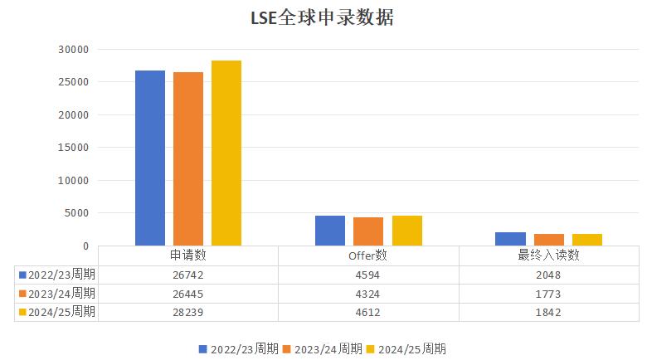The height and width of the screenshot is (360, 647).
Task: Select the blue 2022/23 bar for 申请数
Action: point(150,158)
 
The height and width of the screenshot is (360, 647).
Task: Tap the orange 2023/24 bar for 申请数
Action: point(188,158)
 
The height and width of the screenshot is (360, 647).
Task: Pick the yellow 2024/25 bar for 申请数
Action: point(226,153)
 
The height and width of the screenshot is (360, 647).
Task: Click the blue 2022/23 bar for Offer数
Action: point(330,231)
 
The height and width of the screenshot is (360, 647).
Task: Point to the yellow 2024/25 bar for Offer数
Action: point(407,231)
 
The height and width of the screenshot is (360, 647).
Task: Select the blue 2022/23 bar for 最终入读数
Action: point(510,239)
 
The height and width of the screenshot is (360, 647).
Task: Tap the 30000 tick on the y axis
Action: point(74,50)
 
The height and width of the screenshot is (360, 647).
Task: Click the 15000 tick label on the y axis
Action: point(74,148)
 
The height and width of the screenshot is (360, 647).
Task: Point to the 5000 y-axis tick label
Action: point(77,213)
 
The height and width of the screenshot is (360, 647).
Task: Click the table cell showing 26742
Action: point(188,275)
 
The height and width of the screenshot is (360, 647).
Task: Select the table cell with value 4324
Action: point(368,294)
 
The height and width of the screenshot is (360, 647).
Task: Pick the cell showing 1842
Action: point(548,312)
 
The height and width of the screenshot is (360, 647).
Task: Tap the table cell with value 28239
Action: point(188,312)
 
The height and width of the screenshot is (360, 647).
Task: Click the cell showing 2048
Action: point(548,275)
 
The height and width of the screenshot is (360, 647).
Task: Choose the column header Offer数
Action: point(368,255)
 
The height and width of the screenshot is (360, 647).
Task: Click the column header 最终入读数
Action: point(548,255)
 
